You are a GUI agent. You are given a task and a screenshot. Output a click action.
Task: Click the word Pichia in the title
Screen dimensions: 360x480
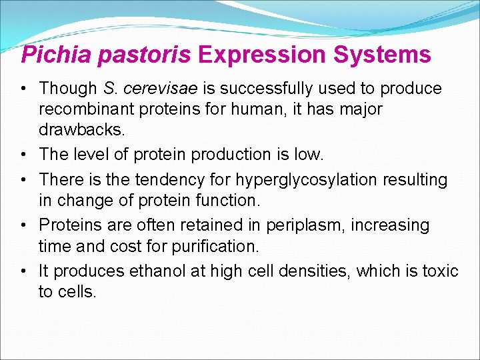tap(56, 55)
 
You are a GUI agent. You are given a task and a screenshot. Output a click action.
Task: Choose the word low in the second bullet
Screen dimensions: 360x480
tap(309, 155)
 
